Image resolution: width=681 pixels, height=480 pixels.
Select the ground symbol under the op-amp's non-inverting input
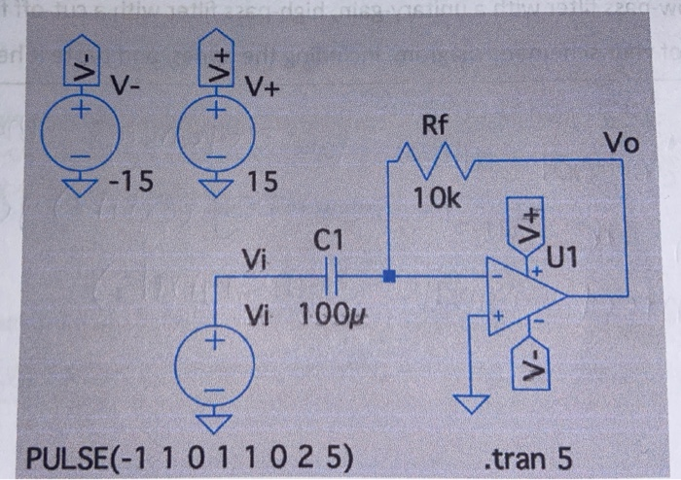click(x=473, y=401)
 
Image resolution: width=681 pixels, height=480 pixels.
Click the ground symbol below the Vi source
click(x=214, y=421)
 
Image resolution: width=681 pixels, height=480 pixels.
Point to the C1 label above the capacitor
click(x=328, y=240)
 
